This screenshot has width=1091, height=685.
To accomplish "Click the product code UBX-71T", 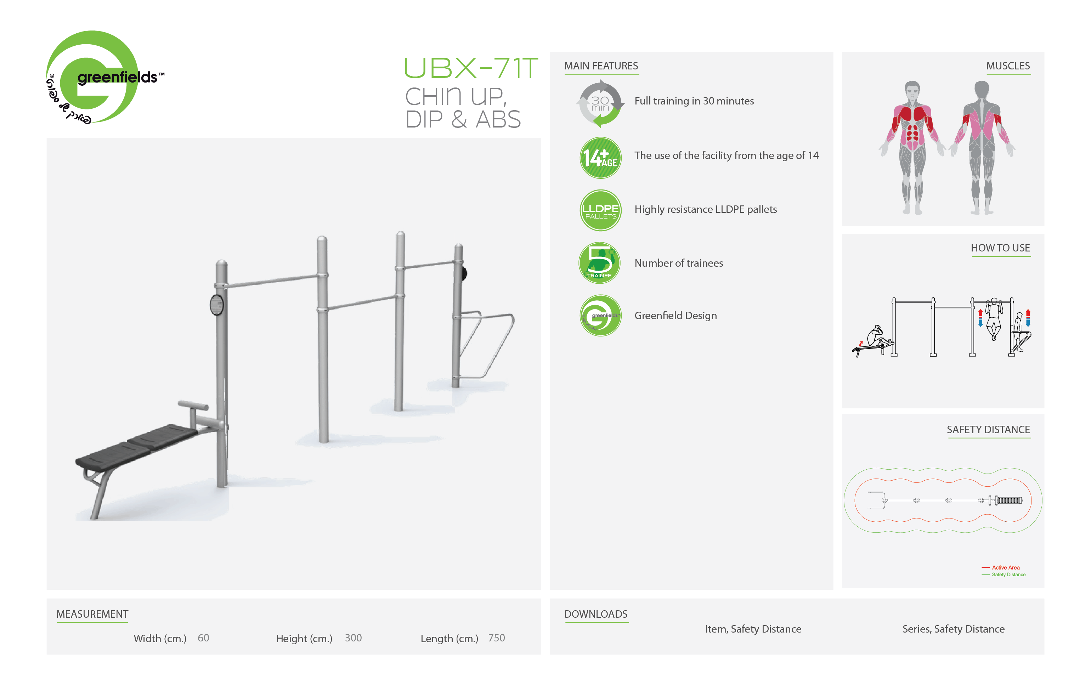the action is [x=471, y=68].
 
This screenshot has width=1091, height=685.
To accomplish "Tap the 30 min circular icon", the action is [x=600, y=103].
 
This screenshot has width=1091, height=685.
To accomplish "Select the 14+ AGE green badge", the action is [x=600, y=158].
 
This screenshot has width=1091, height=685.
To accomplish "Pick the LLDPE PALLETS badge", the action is [x=600, y=210].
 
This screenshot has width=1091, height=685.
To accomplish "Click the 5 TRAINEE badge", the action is [x=599, y=263].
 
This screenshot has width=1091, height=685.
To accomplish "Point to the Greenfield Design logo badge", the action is [x=600, y=315].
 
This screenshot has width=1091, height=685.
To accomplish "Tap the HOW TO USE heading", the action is [x=1000, y=248].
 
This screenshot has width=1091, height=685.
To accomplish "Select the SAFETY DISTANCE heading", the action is [x=988, y=430].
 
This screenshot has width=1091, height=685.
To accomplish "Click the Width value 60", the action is [x=203, y=638].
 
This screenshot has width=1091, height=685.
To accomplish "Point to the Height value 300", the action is [x=354, y=638].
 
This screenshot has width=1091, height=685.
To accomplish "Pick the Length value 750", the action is [x=497, y=638].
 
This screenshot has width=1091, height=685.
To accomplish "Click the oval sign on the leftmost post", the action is [x=216, y=305].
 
